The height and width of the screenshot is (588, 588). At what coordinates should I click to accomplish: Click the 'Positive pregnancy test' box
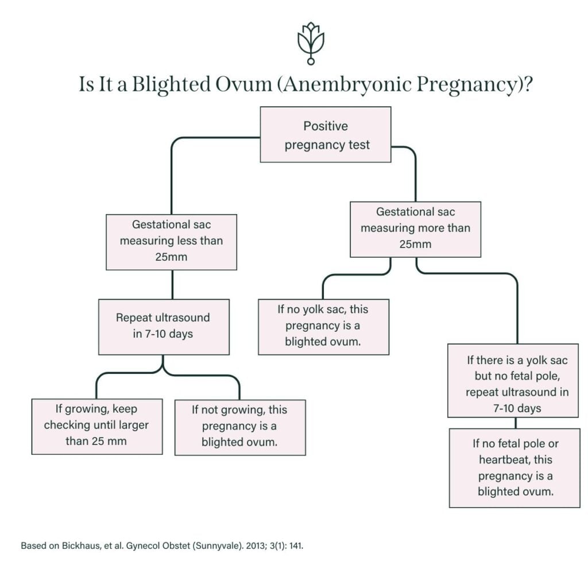[326, 135]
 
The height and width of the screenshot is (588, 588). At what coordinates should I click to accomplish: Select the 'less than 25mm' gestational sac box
[171, 241]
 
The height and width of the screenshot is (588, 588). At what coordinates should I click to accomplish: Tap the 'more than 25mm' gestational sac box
[415, 229]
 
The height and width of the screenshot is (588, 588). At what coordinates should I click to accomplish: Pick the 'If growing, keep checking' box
[96, 425]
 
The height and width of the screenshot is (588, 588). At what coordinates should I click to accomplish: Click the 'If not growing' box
[239, 427]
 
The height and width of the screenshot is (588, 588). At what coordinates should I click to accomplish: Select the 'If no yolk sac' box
[323, 326]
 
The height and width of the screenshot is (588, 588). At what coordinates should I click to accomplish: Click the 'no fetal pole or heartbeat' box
[514, 467]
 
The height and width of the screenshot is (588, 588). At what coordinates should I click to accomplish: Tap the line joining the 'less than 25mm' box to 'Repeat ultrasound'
[171, 284]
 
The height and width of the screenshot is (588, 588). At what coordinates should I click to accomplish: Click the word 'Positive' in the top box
[326, 126]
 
